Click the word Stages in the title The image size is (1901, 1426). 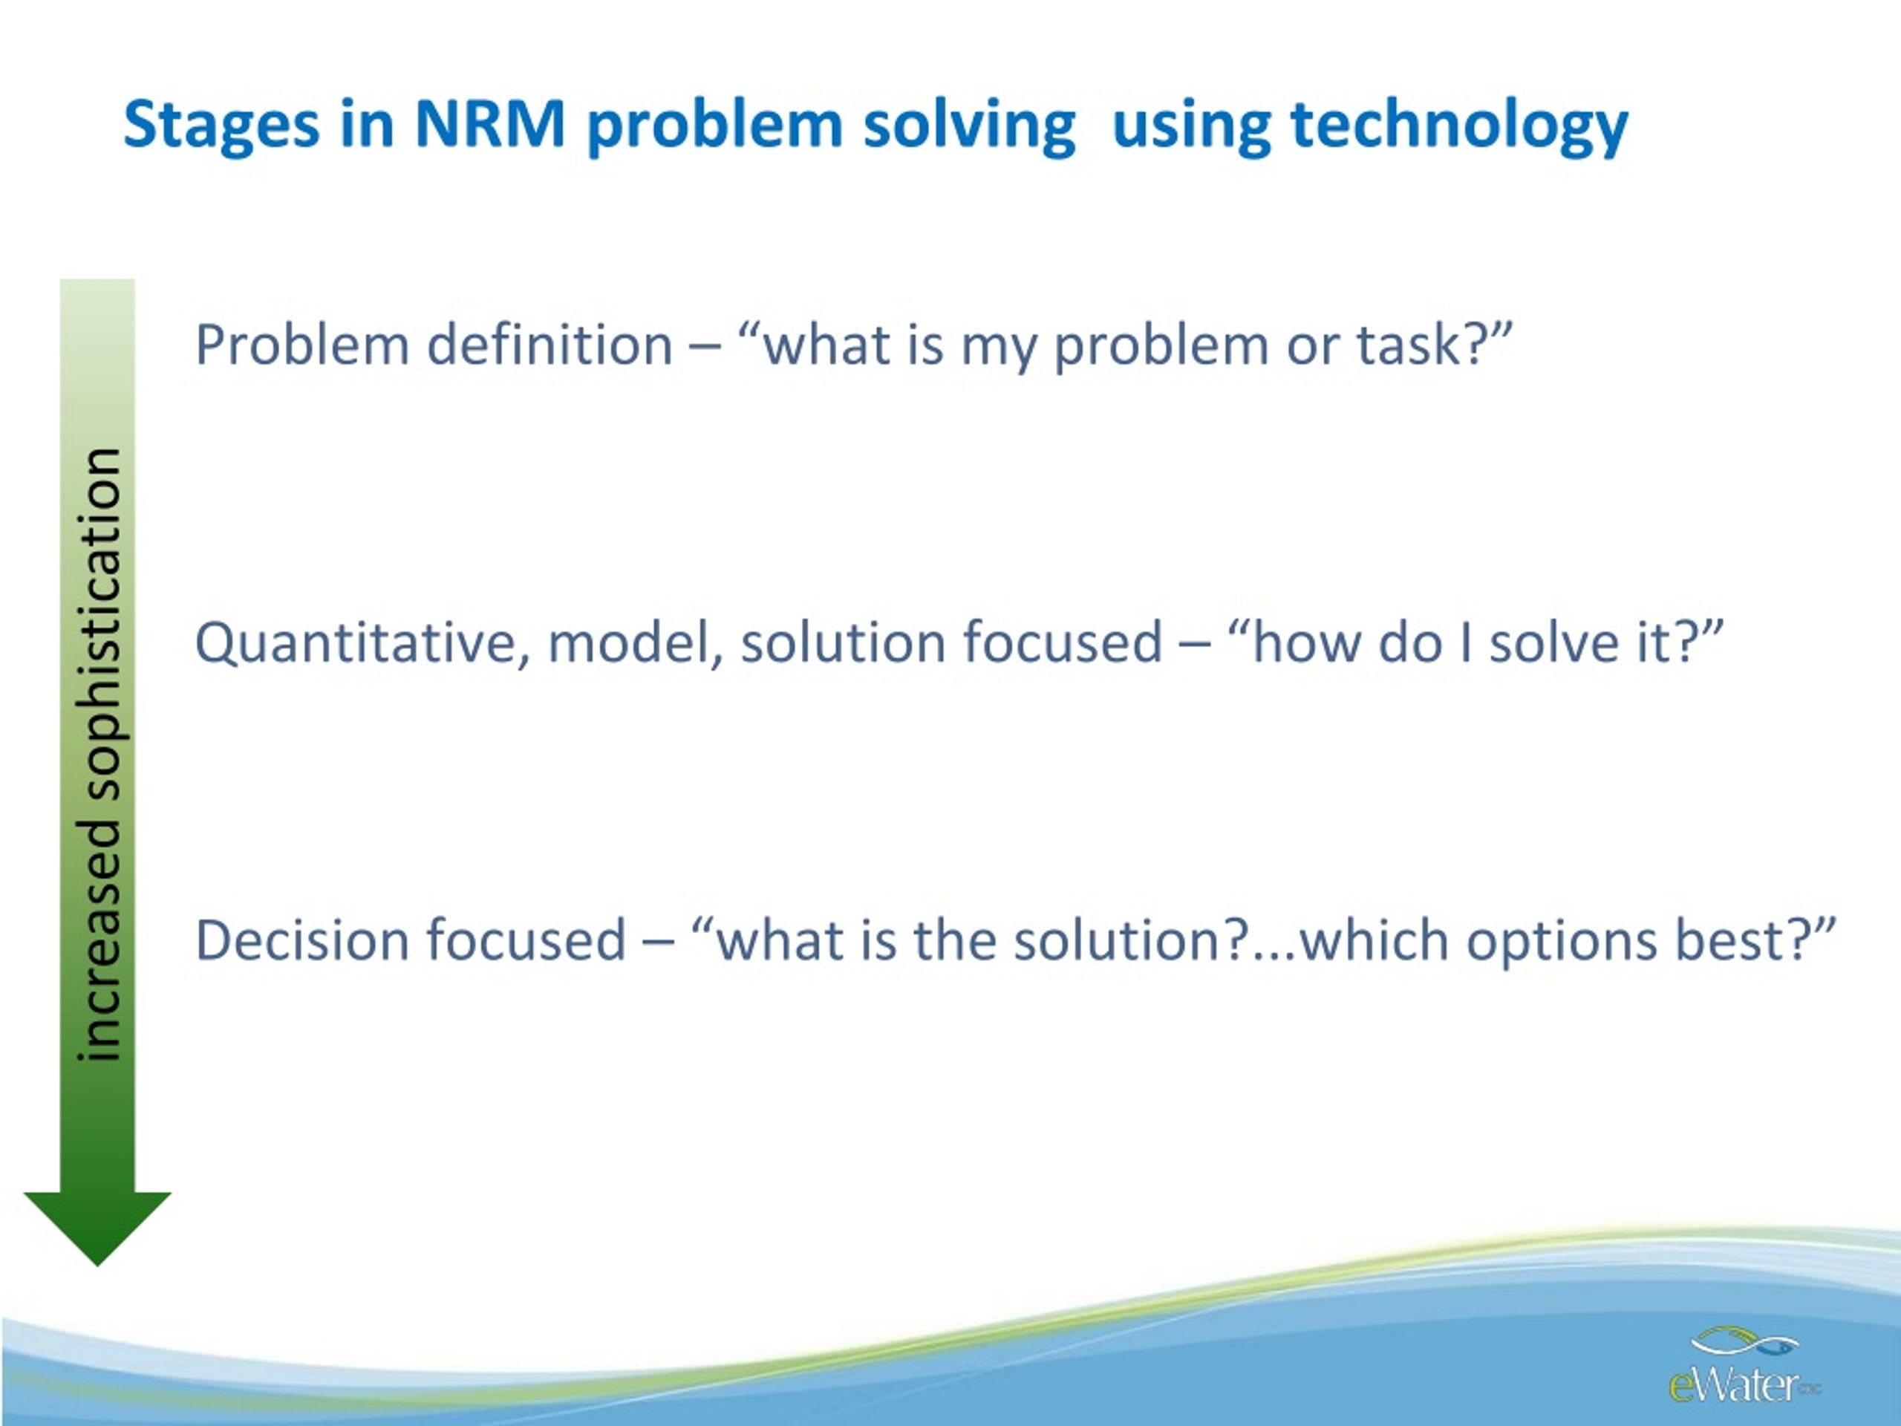tap(221, 126)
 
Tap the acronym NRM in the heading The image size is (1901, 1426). tap(489, 124)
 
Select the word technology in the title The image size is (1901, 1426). tap(1459, 126)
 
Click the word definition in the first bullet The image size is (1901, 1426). tap(550, 345)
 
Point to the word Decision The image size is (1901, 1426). tap(301, 940)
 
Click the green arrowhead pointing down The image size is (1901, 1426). tap(97, 1229)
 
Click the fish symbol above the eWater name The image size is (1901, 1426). tap(1744, 1343)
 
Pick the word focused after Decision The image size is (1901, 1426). tap(526, 940)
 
